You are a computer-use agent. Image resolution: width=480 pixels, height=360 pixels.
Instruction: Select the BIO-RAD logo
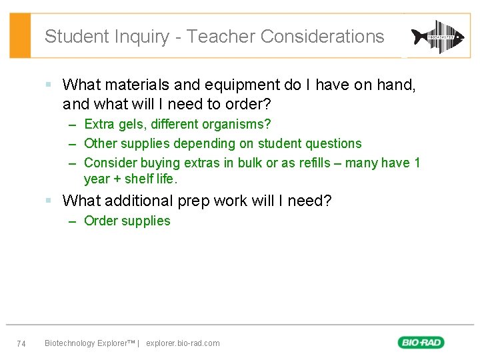tap(421, 343)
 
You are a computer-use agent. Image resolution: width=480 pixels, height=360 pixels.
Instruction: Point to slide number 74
tap(21, 343)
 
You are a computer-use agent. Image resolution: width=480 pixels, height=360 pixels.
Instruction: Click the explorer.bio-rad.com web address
tap(183, 343)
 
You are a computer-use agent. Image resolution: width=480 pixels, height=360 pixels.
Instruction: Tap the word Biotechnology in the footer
tap(70, 343)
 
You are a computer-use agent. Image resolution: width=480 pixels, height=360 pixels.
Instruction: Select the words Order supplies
tap(127, 221)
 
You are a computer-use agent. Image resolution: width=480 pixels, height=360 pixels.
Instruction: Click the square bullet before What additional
tap(49, 201)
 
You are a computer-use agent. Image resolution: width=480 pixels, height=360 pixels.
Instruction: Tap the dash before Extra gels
tap(71, 125)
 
